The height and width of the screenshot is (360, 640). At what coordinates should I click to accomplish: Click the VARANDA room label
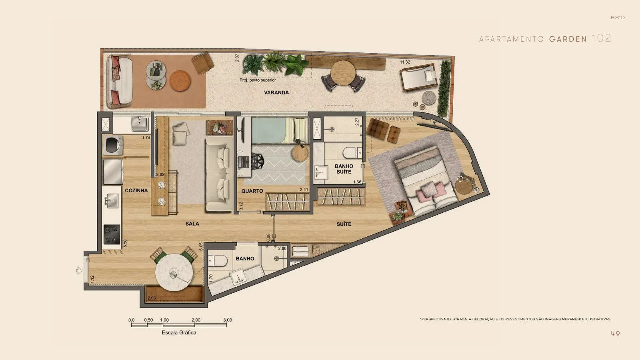[x=276, y=92]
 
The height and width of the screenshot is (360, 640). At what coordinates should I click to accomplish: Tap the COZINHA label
[x=136, y=190]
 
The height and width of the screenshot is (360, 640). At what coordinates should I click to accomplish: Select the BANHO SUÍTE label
[x=344, y=169]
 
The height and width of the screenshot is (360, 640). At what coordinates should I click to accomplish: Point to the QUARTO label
[x=252, y=191]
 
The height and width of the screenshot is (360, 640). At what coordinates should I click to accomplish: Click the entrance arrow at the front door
[x=79, y=270]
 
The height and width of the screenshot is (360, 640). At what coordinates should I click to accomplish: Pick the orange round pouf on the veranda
[x=180, y=80]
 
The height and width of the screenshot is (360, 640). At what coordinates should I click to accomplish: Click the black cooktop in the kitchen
[x=112, y=234]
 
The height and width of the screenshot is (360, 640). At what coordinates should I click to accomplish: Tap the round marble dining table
[x=174, y=272]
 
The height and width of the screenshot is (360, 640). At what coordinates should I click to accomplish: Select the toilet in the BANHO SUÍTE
[x=352, y=152]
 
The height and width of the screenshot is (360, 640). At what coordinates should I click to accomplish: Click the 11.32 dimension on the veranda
[x=405, y=62]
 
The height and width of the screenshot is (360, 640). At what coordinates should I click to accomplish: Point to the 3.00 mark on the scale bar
[x=228, y=320]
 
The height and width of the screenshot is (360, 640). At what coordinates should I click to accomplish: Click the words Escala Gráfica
[x=179, y=332]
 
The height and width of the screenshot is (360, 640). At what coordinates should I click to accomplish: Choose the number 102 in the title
[x=602, y=38]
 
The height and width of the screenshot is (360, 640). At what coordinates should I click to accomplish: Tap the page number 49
[x=616, y=334]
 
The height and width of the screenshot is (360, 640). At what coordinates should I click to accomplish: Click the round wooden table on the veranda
[x=343, y=73]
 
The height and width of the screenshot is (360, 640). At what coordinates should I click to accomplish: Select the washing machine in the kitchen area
[x=113, y=145]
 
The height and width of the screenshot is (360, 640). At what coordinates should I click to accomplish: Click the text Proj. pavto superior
[x=258, y=80]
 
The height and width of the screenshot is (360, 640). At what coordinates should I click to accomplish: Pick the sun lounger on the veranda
[x=419, y=77]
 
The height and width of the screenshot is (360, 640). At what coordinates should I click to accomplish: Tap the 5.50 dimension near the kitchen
[x=125, y=243]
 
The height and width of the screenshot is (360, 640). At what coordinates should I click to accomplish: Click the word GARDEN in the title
[x=568, y=39]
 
